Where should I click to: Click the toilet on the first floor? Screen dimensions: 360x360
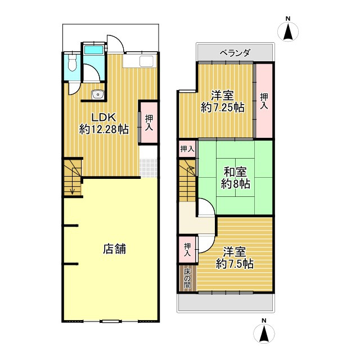point(73,63)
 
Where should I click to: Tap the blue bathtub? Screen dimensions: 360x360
point(94,49)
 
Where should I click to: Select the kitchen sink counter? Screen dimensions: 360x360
point(139,61)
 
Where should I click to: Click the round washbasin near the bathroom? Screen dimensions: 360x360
point(98,94)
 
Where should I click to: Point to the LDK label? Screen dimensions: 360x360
point(103,118)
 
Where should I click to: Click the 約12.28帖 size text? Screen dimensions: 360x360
point(103,129)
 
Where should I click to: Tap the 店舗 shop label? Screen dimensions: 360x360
point(114,249)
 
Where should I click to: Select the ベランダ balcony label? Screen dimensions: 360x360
point(235,53)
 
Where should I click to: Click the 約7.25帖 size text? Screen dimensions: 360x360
point(223,107)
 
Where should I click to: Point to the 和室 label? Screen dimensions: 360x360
point(235,172)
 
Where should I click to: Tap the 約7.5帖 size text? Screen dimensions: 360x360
point(235,264)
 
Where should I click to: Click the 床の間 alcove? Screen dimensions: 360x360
point(187,278)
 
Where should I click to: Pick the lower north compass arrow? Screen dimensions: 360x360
point(264,334)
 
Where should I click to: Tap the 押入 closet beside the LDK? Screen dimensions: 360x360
point(148,123)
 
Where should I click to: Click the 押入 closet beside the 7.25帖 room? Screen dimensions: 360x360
point(264,101)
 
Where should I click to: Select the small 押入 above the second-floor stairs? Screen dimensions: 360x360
point(187,149)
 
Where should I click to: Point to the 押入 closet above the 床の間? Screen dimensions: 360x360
point(187,250)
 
